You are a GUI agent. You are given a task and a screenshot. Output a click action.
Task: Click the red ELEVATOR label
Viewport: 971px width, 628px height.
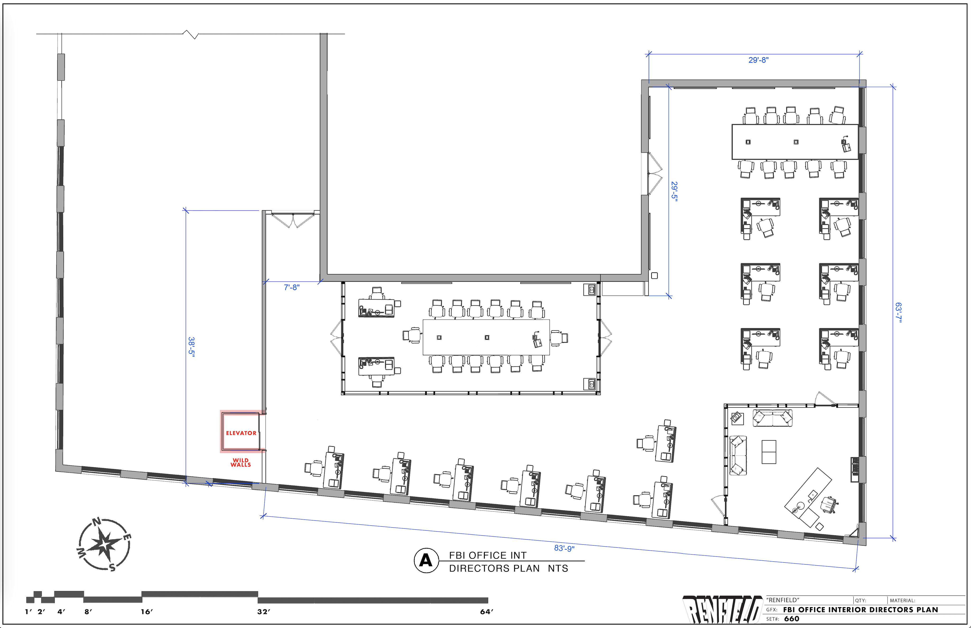[241, 433]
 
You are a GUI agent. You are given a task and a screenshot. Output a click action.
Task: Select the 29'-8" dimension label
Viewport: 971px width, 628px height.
[758, 60]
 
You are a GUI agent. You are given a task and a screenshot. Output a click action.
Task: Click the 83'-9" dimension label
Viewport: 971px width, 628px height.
[564, 548]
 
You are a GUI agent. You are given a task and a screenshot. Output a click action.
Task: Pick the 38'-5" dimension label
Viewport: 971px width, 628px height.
[191, 347]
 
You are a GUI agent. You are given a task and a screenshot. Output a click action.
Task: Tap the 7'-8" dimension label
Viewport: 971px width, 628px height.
[292, 287]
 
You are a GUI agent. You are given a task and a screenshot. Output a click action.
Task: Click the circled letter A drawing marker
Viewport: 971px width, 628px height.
[426, 561]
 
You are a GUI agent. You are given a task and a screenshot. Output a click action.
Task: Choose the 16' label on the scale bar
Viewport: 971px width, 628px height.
[147, 611]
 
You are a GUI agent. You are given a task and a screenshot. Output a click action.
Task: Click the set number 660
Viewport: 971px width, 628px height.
[791, 619]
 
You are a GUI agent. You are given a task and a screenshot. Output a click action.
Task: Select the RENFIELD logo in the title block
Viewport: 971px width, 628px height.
[722, 610]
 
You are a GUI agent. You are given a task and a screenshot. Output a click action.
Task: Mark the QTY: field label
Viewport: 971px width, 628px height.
[860, 600]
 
